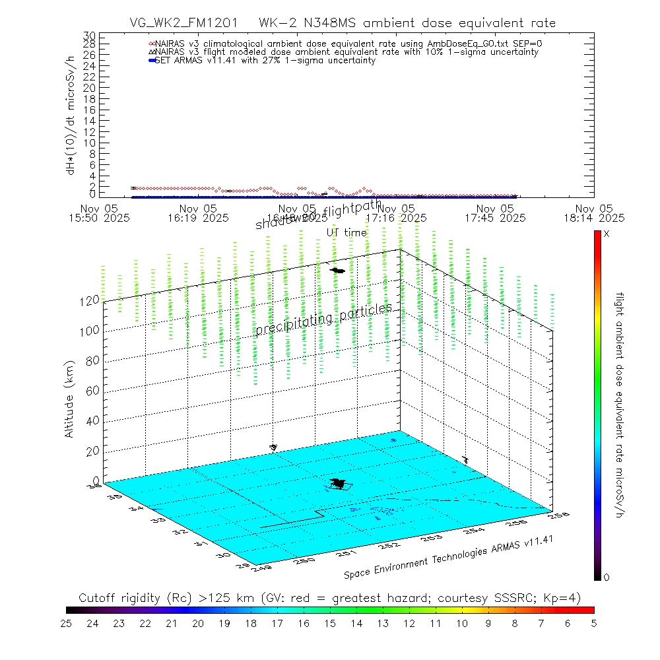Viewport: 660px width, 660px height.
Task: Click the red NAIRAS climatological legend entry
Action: pyautogui.click(x=350, y=43)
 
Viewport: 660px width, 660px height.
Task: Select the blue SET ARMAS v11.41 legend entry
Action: pyautogui.click(x=264, y=60)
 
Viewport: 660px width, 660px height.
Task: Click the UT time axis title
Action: pyautogui.click(x=346, y=232)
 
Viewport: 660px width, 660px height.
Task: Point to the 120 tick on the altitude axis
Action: pyautogui.click(x=90, y=300)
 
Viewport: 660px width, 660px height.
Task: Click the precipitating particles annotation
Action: pyautogui.click(x=323, y=318)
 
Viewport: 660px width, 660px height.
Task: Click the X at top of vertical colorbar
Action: pyautogui.click(x=607, y=234)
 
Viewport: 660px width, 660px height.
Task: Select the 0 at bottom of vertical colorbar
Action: pyautogui.click(x=607, y=577)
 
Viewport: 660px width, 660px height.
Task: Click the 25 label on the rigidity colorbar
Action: pyautogui.click(x=66, y=622)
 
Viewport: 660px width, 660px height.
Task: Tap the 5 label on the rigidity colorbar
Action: pyautogui.click(x=594, y=622)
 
